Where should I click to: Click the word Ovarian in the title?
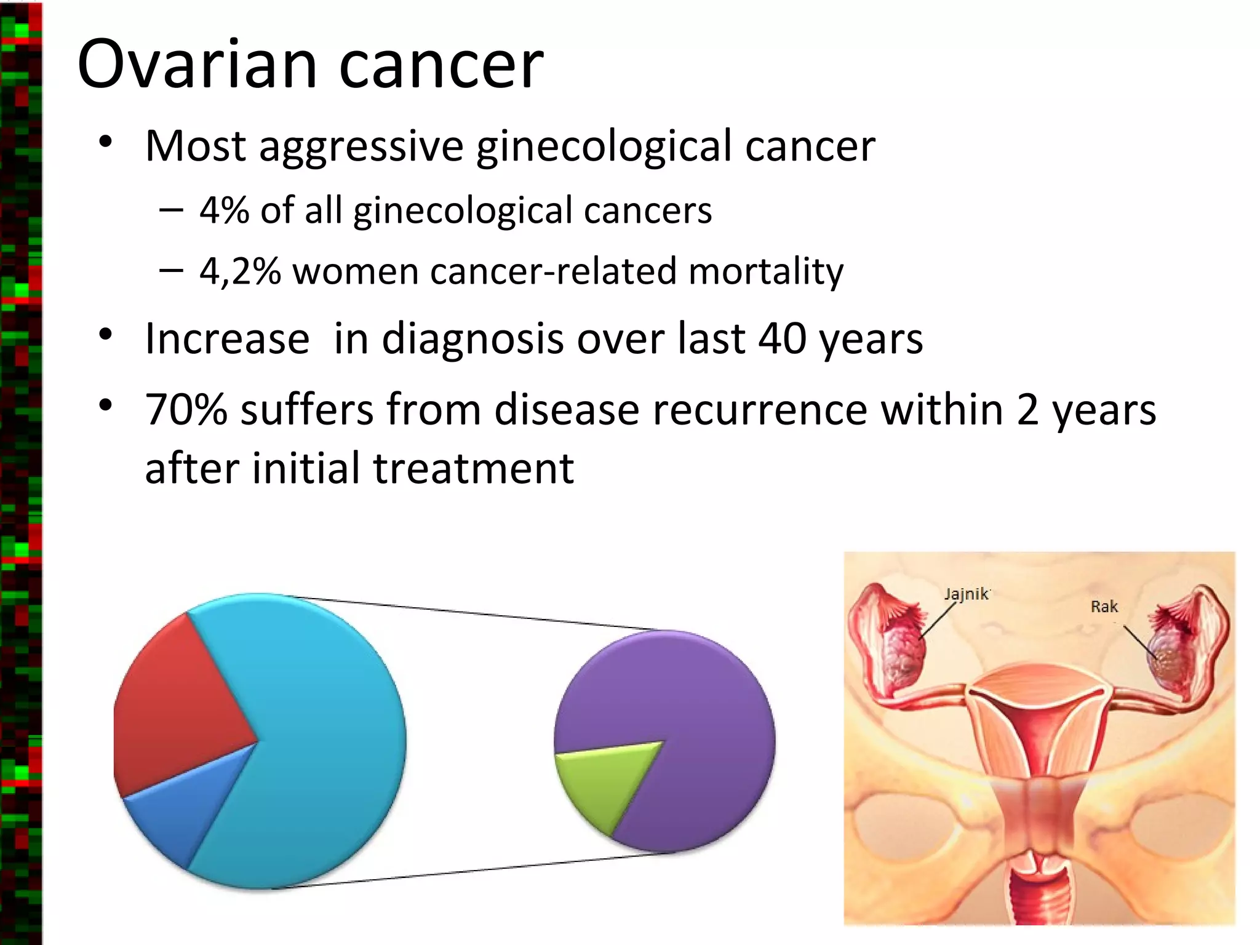[x=197, y=65]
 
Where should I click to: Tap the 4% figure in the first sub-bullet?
[x=224, y=210]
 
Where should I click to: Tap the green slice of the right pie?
[x=603, y=781]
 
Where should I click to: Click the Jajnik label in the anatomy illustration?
[x=966, y=594]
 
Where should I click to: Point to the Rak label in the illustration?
[x=1104, y=607]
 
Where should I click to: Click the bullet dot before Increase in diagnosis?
[x=106, y=335]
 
